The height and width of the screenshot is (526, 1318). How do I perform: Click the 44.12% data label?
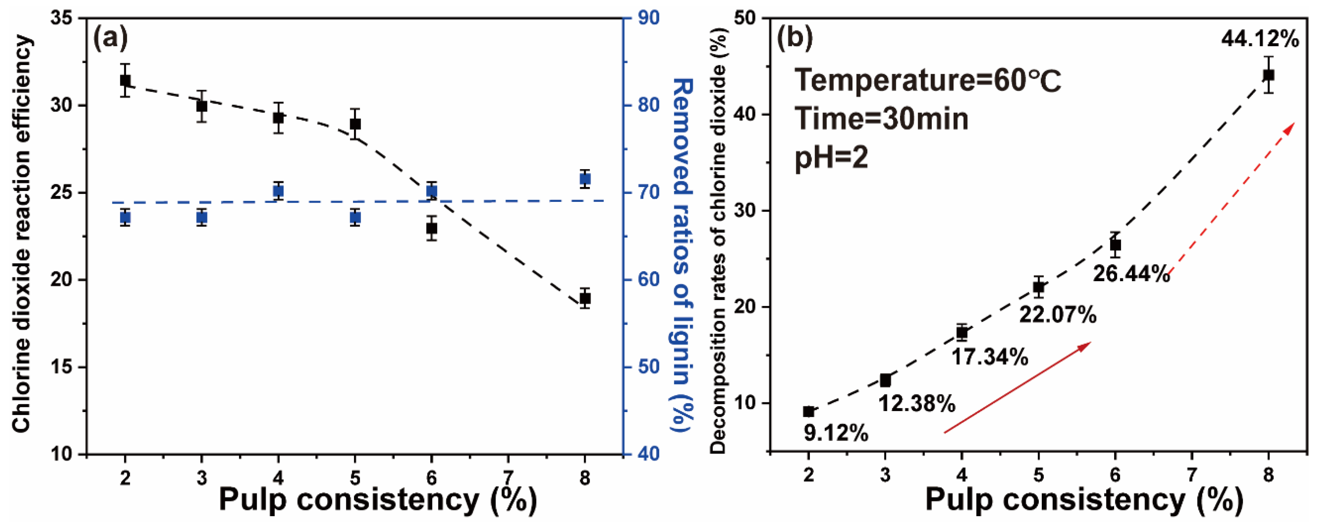click(1260, 39)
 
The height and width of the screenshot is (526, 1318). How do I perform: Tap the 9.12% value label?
click(836, 433)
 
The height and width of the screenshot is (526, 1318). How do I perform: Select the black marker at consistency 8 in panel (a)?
click(585, 298)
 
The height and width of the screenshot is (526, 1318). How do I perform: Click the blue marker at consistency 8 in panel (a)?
click(585, 179)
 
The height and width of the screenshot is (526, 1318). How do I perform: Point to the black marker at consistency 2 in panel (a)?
click(125, 80)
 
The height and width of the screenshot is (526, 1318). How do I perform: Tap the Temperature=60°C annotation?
click(928, 81)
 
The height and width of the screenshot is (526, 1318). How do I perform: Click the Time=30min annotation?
click(881, 119)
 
